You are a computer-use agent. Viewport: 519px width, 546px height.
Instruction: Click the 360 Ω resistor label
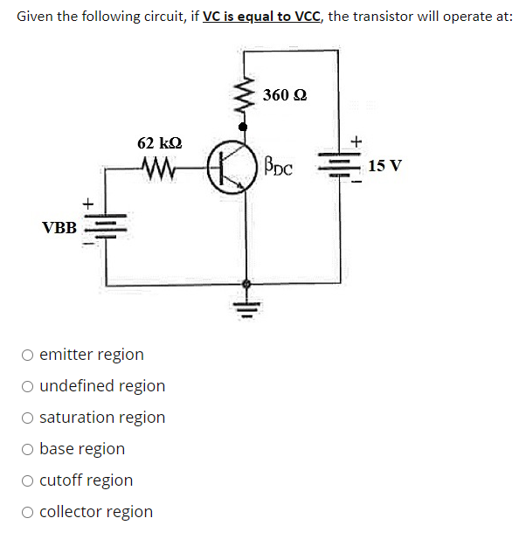(285, 94)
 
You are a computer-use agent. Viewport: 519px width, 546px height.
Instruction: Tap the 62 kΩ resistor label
(160, 142)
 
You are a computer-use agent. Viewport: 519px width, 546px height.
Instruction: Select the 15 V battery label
(385, 166)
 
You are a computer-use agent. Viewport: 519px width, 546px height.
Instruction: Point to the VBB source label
(59, 228)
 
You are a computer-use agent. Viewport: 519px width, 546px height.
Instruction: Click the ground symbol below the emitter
(246, 306)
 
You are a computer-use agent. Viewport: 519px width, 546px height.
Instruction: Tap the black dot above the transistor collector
(245, 127)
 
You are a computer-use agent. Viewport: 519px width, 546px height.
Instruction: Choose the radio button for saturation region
(29, 418)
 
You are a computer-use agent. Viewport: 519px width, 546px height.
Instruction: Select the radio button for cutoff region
(29, 480)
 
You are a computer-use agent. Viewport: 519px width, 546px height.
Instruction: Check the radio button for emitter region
(29, 355)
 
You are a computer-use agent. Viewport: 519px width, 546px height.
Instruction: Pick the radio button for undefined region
(29, 386)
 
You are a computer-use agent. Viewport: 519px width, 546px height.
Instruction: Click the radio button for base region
(29, 449)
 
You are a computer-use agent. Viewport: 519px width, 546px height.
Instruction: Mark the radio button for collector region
(29, 512)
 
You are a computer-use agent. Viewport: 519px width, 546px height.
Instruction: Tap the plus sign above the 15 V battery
(355, 140)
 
